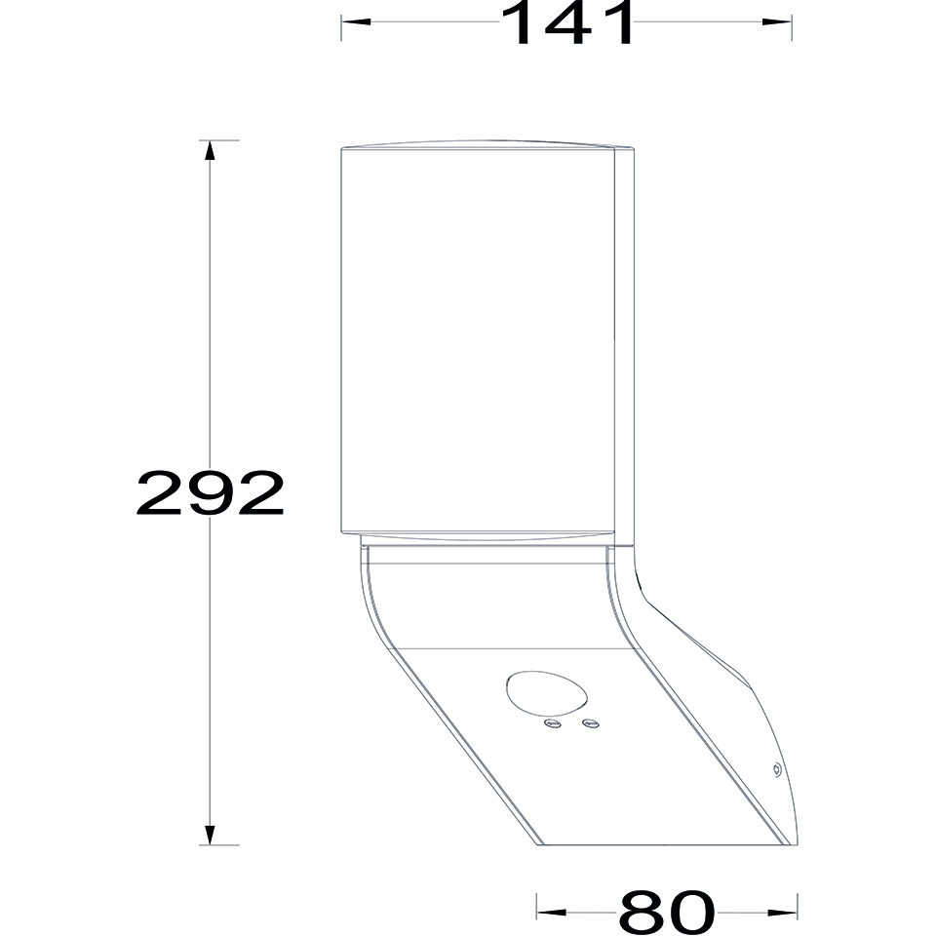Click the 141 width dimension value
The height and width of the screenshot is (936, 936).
pos(567,22)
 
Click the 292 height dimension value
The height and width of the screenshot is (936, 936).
pos(211,492)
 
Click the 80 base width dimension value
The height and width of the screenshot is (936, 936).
pos(667,913)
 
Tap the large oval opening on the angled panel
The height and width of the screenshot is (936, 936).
pos(547,694)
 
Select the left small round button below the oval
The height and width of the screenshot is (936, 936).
pos(553,724)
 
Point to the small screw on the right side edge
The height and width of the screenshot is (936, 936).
pos(777,770)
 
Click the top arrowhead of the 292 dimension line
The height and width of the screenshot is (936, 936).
pos(209,150)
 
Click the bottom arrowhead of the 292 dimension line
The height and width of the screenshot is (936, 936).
pos(209,835)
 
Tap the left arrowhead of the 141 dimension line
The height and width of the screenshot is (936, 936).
pos(356,22)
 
